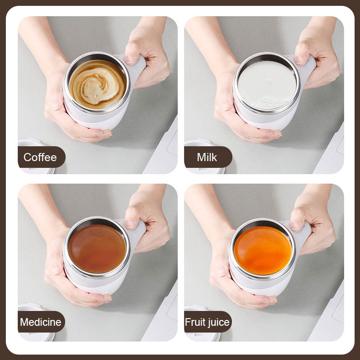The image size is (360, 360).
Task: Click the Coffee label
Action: [x=40, y=157]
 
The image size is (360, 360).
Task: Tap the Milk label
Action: [x=207, y=157]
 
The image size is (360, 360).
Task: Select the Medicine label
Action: [x=40, y=322]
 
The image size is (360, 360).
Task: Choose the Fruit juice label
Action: [x=207, y=322]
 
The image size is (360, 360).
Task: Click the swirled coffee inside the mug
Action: [x=98, y=85]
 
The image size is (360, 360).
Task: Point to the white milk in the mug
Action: [x=267, y=85]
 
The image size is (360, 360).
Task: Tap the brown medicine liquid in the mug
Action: [x=97, y=249]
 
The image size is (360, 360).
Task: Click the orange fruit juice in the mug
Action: [x=263, y=251]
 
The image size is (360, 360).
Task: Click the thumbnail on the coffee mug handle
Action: [x=130, y=60]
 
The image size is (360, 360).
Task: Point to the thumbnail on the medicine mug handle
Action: [x=130, y=224]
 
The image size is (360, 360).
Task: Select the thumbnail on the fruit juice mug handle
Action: [x=296, y=226]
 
